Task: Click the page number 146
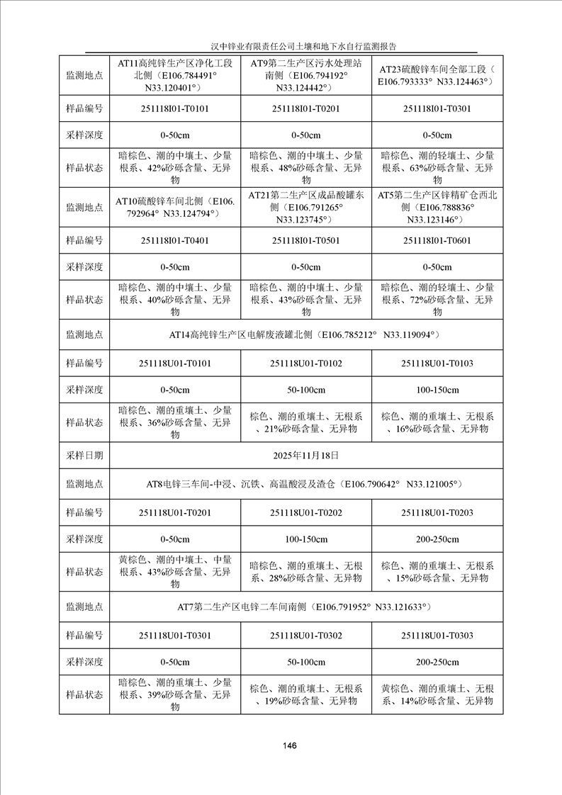(288, 745)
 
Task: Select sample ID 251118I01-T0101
(174, 108)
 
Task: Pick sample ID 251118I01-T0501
(305, 240)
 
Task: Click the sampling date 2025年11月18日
(305, 455)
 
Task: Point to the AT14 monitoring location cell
(305, 334)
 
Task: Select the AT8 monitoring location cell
(305, 485)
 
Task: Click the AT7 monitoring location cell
(305, 607)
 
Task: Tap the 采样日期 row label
(84, 455)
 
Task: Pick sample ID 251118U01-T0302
(305, 635)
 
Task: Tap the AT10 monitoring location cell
(174, 207)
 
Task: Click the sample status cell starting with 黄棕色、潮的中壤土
(174, 572)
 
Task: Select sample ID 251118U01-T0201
(174, 512)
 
